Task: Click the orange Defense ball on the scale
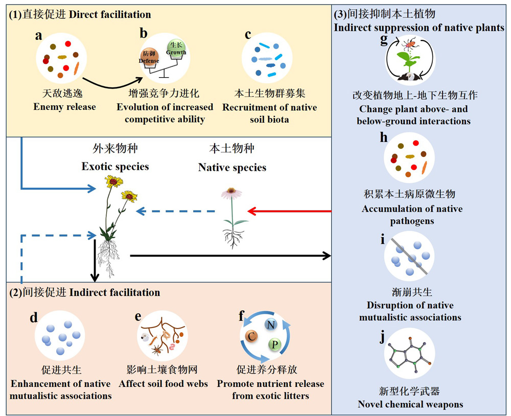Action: (149, 57)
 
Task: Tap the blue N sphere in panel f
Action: (270, 325)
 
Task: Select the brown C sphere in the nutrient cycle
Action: (251, 336)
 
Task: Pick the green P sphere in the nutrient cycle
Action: (275, 344)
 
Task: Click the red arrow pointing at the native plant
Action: (290, 211)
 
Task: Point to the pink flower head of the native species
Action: (231, 193)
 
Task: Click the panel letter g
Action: (384, 40)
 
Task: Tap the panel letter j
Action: (383, 336)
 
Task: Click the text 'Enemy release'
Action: (64, 107)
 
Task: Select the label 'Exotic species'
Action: (115, 167)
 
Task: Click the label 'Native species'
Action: (232, 167)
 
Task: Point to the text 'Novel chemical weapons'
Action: (410, 404)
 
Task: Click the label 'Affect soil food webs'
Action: (164, 384)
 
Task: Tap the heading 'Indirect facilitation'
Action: (114, 292)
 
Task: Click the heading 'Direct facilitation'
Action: (110, 14)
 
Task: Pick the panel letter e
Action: (138, 316)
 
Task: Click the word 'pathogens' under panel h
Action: (412, 221)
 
